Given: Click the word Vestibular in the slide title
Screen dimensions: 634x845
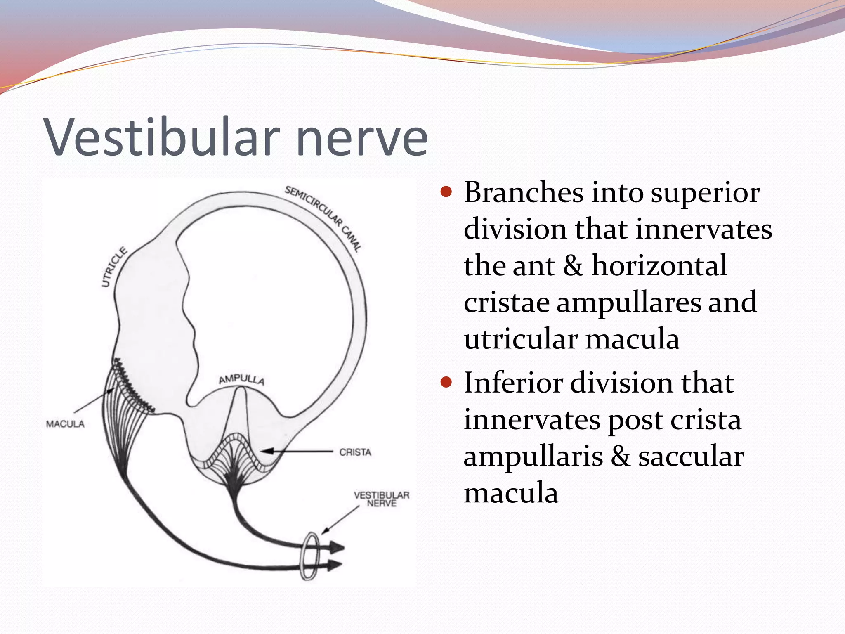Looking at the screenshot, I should tap(163, 137).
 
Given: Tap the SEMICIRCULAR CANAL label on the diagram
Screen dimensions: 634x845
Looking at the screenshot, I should tap(323, 218).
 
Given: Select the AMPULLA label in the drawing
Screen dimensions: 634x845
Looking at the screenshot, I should tap(241, 379).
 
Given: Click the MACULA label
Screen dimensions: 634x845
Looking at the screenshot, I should tap(65, 424).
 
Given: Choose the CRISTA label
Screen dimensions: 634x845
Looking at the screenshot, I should tap(355, 452).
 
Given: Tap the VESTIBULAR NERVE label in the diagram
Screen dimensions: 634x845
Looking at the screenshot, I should tap(381, 499).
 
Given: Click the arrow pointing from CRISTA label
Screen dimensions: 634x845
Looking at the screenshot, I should tap(297, 452).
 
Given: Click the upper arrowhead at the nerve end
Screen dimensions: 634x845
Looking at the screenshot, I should tap(336, 548).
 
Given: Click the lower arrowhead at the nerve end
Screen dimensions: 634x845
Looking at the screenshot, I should tap(334, 565).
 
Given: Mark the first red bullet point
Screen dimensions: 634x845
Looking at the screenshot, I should tap(446, 192).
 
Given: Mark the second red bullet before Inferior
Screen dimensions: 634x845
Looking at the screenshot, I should tap(446, 382).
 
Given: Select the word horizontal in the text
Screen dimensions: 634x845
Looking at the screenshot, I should tap(659, 265).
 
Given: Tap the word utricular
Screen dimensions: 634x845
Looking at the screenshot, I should tap(520, 339).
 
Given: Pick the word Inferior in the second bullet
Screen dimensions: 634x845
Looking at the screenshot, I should tap(513, 383).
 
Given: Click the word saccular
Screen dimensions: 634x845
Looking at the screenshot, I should tap(691, 457).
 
